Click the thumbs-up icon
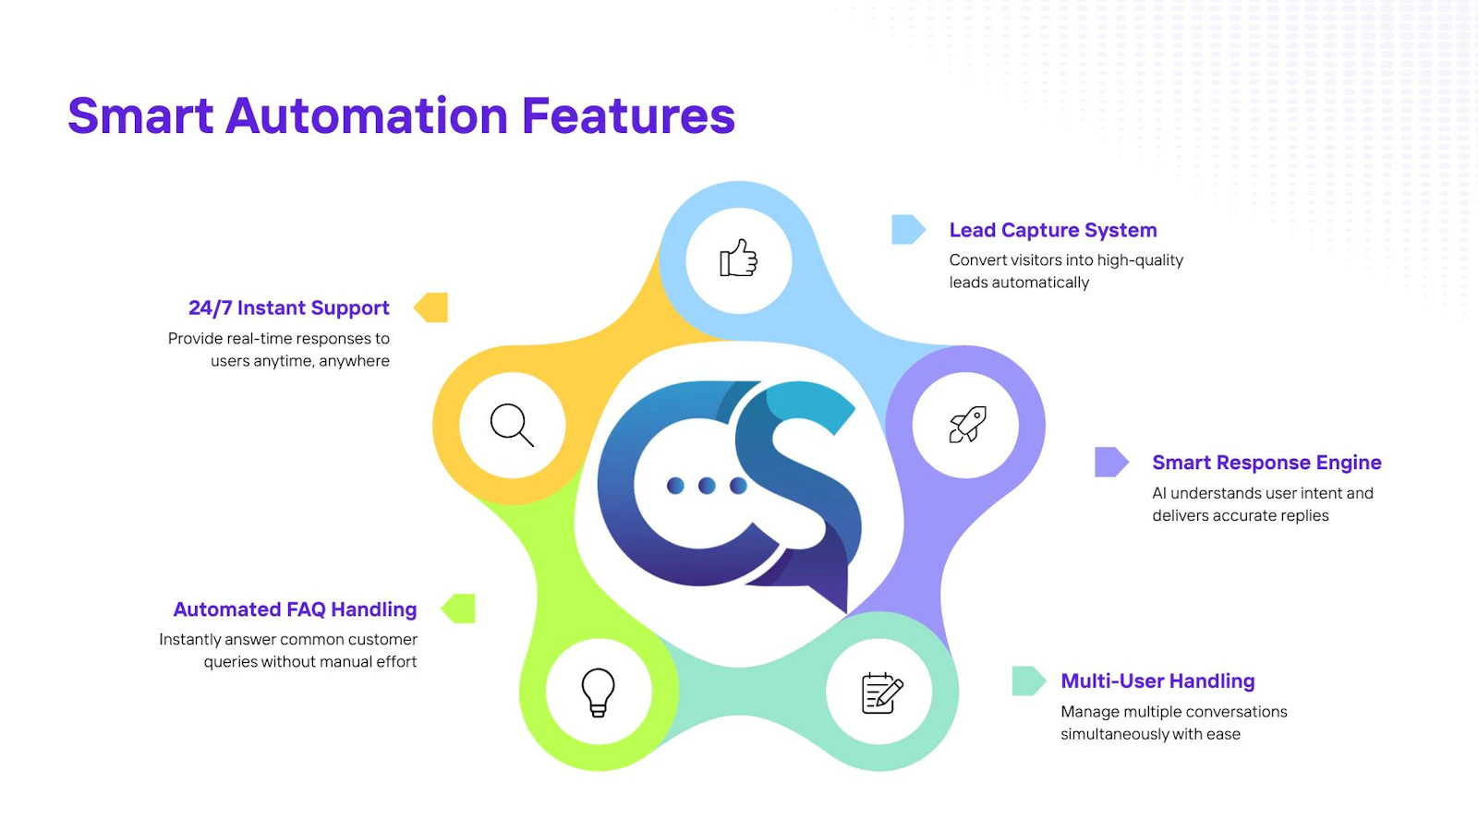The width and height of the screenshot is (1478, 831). point(738,258)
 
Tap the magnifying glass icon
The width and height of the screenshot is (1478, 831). point(512,425)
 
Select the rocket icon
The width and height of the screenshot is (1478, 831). point(968,424)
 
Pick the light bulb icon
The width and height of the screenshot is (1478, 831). point(599,692)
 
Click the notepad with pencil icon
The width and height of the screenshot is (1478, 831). point(882,692)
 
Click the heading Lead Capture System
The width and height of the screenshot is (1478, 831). point(1053,230)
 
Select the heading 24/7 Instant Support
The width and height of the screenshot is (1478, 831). point(289,308)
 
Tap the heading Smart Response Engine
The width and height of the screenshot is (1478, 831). point(1266,463)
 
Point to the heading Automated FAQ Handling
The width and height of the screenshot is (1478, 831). point(295,609)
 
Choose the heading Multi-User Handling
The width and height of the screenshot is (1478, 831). point(1158,680)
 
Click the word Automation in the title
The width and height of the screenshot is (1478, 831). point(366,115)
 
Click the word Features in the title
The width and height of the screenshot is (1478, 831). point(628,115)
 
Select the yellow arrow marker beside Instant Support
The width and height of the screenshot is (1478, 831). point(430,307)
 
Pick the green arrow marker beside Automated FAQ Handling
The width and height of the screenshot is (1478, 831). point(458,608)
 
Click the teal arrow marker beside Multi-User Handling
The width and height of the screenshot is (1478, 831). point(1029,680)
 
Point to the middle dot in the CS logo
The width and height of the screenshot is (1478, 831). point(707,486)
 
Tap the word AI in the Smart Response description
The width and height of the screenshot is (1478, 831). point(1159,493)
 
